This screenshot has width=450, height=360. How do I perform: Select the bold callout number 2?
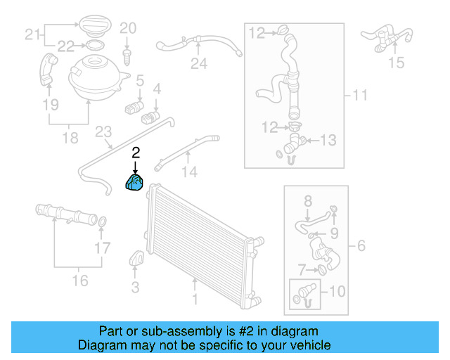coord(136,152)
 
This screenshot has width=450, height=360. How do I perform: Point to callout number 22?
coord(65,46)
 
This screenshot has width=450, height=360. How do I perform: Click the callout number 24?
coord(199,65)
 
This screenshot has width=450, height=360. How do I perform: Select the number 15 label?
coord(397,63)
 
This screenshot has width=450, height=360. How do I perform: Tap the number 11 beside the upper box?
coord(360,95)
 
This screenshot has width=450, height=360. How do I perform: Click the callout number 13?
coord(328,141)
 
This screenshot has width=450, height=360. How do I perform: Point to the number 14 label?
coord(190,172)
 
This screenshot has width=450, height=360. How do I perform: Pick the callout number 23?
coord(103,131)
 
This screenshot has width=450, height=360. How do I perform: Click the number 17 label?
coord(103,247)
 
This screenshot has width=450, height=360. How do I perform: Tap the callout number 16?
coord(81,281)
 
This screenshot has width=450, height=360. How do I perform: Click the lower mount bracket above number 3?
coord(136,259)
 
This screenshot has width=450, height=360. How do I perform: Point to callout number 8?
coord(307,202)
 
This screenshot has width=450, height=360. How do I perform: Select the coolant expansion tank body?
coord(96,75)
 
